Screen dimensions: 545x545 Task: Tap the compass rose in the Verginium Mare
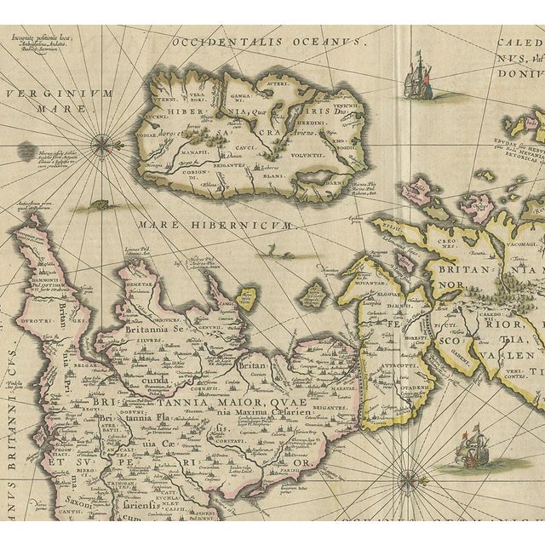pyautogui.click(x=101, y=144)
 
